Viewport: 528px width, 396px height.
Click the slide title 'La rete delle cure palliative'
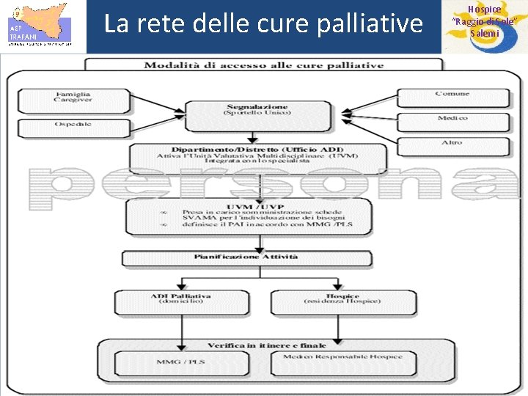click(x=263, y=24)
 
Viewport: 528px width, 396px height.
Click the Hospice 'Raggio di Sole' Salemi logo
click(x=485, y=26)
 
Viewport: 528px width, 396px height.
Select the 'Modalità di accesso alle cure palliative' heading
click(x=263, y=65)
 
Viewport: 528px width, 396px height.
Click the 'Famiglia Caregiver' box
click(x=73, y=99)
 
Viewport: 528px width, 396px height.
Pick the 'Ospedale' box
click(x=73, y=125)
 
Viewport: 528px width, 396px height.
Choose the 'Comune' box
click(x=452, y=95)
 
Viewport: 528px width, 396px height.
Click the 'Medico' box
click(x=452, y=120)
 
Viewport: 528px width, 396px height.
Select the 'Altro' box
click(x=452, y=143)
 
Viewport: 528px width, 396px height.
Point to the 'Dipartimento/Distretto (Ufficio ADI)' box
click(x=257, y=155)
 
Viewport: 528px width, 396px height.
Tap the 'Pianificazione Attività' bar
click(x=246, y=257)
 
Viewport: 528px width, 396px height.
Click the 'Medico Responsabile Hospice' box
click(x=342, y=359)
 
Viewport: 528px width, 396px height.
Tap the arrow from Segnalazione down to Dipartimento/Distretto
click(x=252, y=137)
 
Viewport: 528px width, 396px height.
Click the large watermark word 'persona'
click(x=264, y=184)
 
